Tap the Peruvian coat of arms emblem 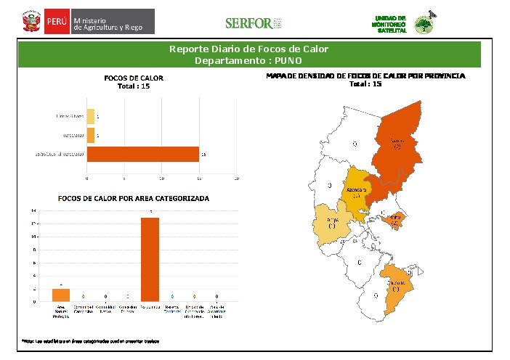(31, 22)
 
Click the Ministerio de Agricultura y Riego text (112, 22)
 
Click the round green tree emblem (423, 25)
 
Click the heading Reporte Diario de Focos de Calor (248, 49)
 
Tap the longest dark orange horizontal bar (143, 154)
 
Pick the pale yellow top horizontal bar (91, 115)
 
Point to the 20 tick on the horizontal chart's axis (237, 178)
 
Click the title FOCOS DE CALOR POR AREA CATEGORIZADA (134, 198)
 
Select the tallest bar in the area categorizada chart (150, 258)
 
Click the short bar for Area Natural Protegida (61, 295)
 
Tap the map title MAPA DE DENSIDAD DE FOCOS (365, 75)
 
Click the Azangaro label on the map (356, 190)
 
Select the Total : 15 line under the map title (365, 84)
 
